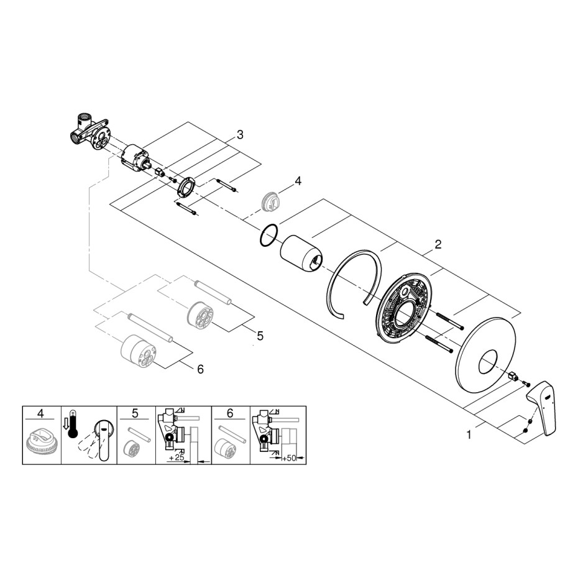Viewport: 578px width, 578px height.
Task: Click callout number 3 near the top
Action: click(x=240, y=135)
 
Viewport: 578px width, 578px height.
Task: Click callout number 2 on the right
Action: click(x=438, y=244)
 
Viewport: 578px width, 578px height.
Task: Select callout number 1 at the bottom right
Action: click(x=469, y=435)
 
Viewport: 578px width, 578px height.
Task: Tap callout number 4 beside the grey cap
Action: click(x=298, y=181)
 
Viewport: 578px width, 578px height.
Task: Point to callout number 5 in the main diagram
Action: click(x=260, y=336)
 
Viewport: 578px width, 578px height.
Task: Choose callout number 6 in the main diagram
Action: click(x=201, y=369)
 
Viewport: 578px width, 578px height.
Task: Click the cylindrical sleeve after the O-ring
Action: click(x=301, y=254)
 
